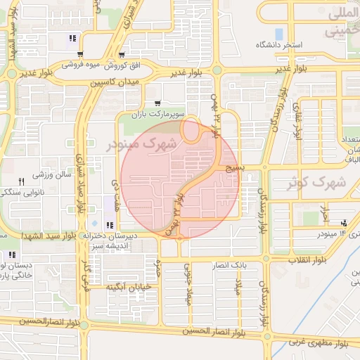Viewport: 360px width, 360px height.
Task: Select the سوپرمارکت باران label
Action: (161, 113)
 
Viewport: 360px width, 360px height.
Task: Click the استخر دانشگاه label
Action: (302, 45)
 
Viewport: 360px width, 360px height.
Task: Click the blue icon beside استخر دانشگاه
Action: (279, 34)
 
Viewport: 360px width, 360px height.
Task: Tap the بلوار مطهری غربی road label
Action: (320, 345)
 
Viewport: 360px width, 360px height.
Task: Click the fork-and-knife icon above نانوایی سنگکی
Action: (21, 181)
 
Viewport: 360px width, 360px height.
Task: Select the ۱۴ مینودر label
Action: (333, 233)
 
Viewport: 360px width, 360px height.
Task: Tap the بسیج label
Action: (236, 169)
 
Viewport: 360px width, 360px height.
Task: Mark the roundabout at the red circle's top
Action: (190, 129)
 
